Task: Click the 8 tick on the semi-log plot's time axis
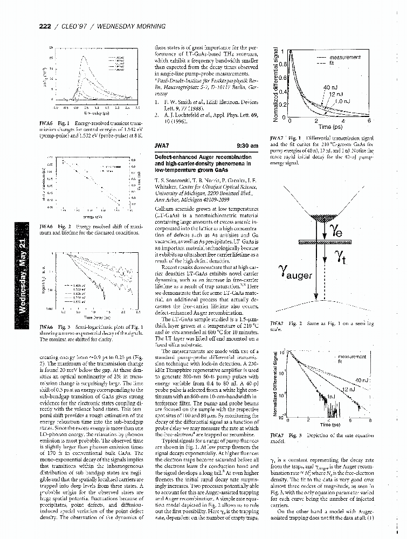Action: tap(370, 420)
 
